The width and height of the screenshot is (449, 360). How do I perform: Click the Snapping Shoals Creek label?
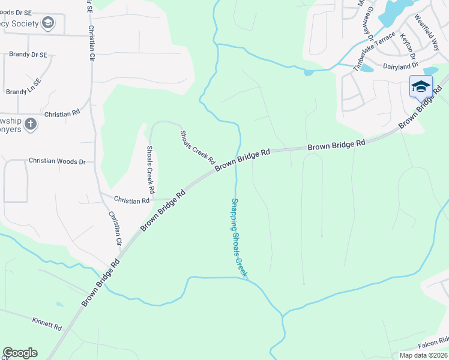(240, 238)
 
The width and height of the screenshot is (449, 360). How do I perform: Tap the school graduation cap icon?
(421, 86)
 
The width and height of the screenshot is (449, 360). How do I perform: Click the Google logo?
(20, 353)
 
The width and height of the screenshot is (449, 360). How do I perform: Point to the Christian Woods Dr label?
(58, 161)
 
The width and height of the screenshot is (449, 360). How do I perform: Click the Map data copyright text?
(423, 355)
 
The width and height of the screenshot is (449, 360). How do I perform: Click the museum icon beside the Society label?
(47, 23)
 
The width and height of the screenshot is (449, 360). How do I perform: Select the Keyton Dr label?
(408, 44)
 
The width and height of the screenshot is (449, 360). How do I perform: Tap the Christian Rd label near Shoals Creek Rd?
(131, 201)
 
